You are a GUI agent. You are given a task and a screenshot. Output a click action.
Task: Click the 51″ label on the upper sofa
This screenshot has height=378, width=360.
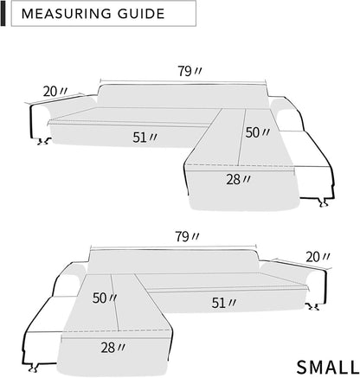point(145,138)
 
